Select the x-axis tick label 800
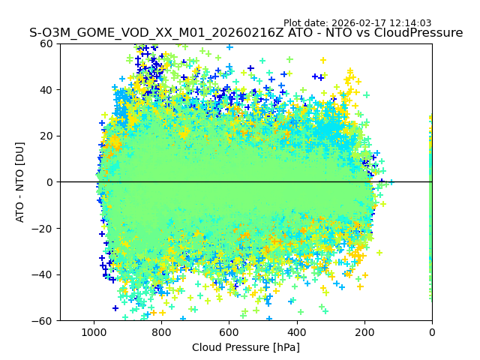point(161,331)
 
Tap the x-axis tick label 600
point(229,331)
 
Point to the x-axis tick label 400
point(296,331)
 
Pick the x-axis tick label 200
point(364,331)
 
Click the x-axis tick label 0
point(432,331)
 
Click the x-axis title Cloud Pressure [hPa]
point(246,347)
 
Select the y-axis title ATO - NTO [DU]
point(20,182)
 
